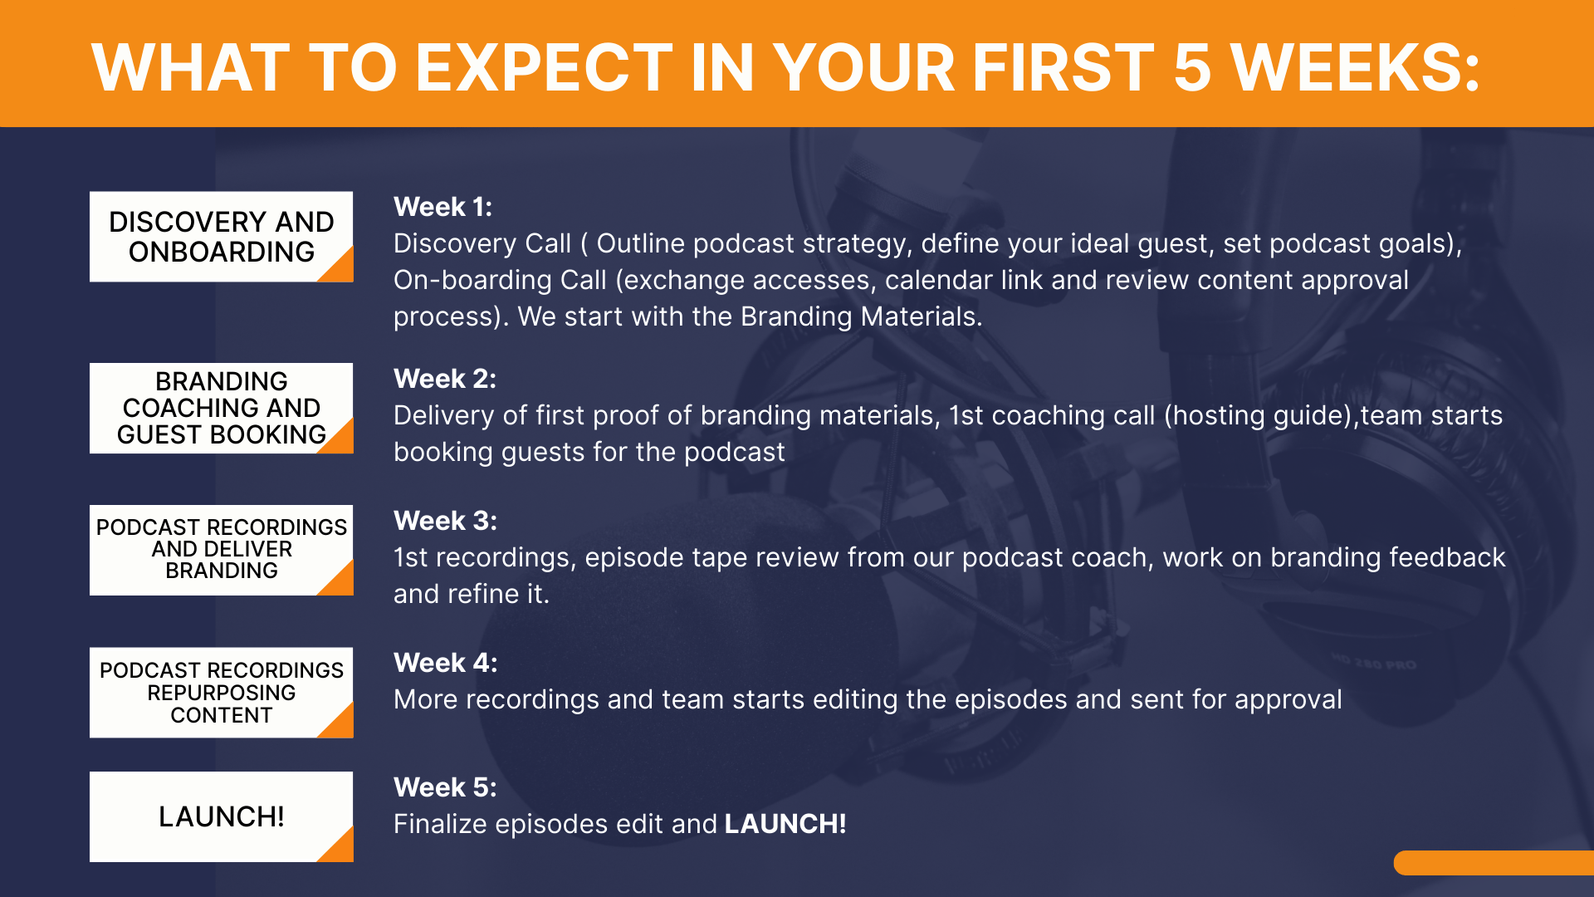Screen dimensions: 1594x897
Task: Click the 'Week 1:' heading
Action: pos(443,207)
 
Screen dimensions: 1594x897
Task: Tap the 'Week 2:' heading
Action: pos(445,379)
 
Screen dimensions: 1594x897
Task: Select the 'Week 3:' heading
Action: pos(445,521)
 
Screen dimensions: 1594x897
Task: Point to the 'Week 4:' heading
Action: pos(446,663)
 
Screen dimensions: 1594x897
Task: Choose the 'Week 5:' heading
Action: pos(445,787)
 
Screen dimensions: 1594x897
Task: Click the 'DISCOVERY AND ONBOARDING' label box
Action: pos(222,237)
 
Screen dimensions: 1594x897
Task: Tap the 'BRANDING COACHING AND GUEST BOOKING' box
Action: pos(222,408)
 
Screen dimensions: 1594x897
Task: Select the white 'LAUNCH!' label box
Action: pos(222,816)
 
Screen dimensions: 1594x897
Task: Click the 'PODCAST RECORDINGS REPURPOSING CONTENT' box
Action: pos(222,693)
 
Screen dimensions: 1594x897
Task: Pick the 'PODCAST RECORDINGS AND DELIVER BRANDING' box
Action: pos(222,550)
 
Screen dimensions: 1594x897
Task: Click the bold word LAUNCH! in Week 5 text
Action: pos(785,824)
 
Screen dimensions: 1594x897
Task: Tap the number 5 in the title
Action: pos(1192,67)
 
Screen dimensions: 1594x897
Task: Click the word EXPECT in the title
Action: pos(544,67)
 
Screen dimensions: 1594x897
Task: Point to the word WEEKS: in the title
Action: pos(1355,67)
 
